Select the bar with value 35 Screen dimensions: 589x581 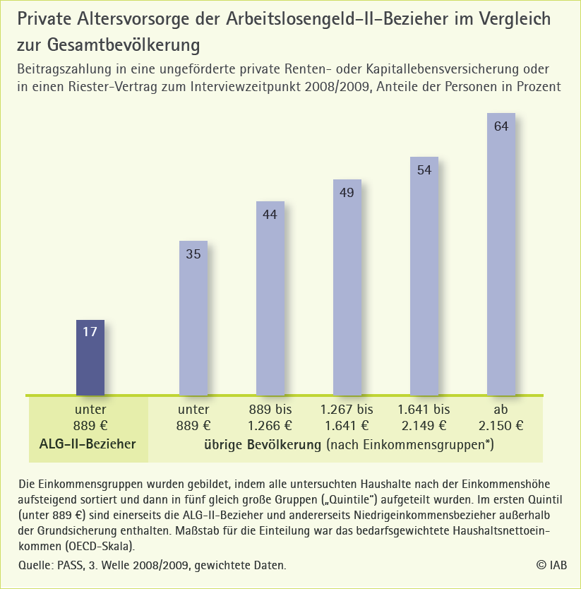[193, 318]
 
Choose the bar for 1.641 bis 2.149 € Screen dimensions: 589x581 [424, 276]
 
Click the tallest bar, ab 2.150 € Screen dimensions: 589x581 [501, 254]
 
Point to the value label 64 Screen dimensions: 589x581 [501, 126]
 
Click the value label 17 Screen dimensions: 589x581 [90, 331]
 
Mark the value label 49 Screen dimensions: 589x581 [347, 192]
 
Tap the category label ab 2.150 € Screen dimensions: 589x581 [501, 417]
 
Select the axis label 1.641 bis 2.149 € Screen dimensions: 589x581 [424, 417]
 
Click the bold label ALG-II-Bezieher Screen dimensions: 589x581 [88, 444]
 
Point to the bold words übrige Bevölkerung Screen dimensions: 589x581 [263, 445]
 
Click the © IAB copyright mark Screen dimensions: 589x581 [551, 565]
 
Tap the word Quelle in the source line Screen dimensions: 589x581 [35, 565]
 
